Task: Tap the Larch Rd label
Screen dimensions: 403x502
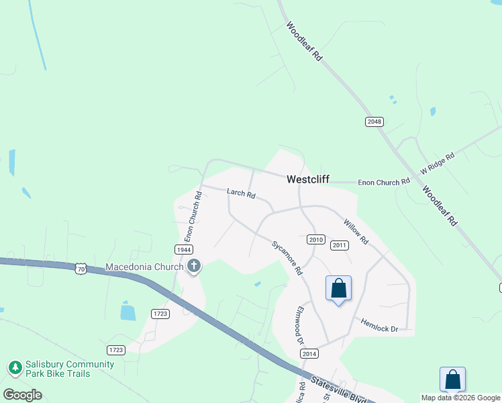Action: click(241, 193)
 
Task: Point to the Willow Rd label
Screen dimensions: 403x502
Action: click(356, 231)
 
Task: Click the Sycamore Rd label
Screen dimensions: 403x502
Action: click(287, 258)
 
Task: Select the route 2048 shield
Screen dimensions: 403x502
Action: click(374, 122)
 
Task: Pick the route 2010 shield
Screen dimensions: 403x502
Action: click(316, 240)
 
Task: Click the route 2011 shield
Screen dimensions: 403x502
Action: click(340, 245)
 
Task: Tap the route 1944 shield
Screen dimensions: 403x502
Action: click(184, 249)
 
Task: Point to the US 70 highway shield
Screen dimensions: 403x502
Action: click(81, 268)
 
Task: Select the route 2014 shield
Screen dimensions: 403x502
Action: click(309, 354)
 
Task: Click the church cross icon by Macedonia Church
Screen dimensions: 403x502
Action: click(194, 267)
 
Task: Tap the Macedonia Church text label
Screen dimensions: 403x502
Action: click(144, 267)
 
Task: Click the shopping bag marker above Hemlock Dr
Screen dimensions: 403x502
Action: click(339, 289)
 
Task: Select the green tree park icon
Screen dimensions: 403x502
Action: click(15, 368)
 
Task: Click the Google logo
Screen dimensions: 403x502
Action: click(23, 394)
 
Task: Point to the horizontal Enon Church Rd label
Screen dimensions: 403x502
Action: click(384, 182)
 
